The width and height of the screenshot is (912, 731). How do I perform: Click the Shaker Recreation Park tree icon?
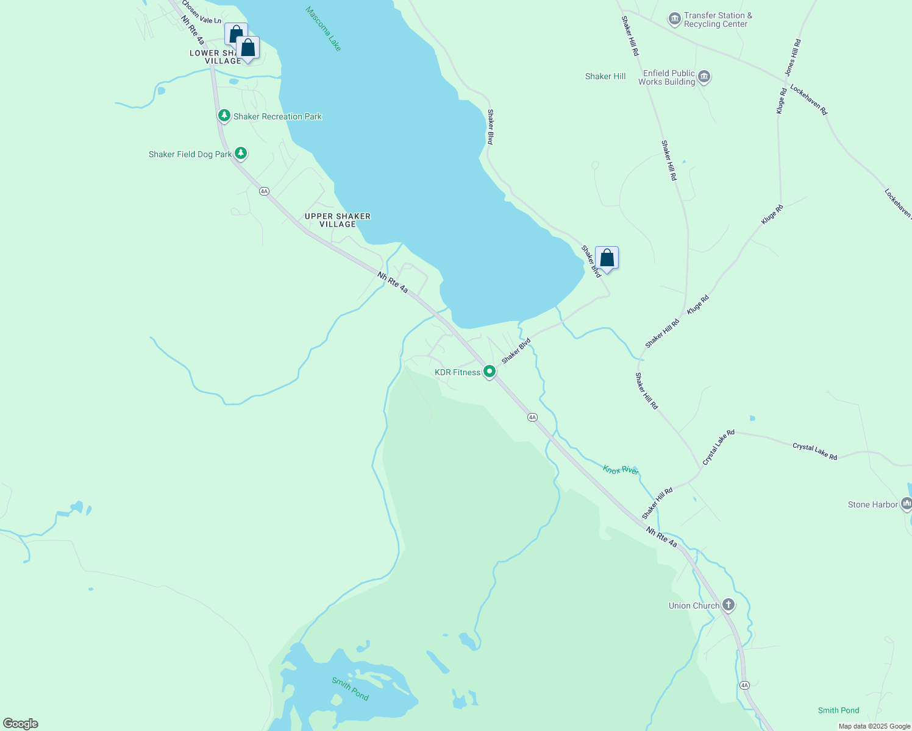tap(224, 116)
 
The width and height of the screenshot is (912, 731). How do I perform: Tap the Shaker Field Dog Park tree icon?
tap(241, 154)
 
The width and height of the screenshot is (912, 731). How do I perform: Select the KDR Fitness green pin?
tap(489, 372)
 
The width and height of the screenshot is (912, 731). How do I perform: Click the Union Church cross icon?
tap(728, 605)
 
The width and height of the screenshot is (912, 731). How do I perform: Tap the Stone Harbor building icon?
tap(906, 504)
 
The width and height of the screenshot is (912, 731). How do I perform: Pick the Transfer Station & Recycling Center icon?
tap(674, 19)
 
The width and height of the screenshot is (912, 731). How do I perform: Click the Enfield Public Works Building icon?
tap(704, 77)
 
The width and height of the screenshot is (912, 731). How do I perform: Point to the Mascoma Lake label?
tap(324, 29)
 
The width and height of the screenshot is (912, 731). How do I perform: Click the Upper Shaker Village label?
tap(338, 220)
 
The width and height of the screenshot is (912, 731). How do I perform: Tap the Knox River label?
tap(621, 470)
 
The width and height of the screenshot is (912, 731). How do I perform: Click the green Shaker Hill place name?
tap(605, 76)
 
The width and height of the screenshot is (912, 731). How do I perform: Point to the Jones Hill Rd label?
tap(793, 57)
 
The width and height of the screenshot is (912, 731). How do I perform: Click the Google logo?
tap(20, 724)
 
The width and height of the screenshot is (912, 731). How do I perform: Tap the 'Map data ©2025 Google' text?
tap(874, 726)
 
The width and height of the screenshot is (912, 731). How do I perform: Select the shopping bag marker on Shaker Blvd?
tap(607, 258)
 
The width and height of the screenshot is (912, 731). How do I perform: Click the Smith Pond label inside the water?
tap(350, 688)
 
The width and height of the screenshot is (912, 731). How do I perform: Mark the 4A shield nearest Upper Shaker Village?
tap(264, 191)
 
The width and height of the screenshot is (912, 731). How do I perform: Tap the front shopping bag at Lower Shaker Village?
tap(248, 48)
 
